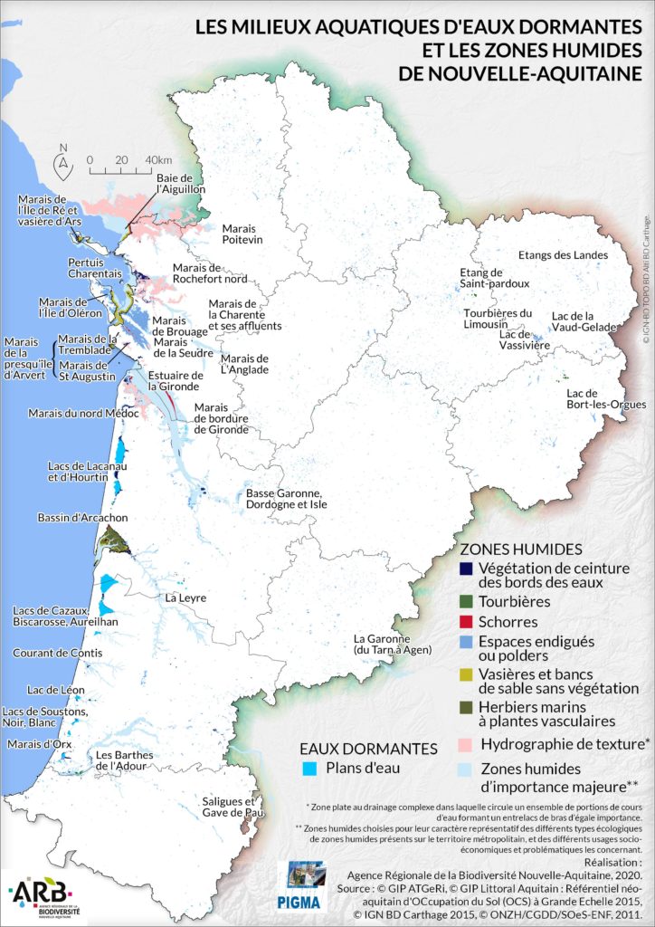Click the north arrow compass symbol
62,162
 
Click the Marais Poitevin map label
242,234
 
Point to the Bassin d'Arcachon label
82,518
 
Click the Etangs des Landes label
557,256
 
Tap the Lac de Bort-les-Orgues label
593,399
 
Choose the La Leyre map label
185,598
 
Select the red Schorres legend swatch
465,622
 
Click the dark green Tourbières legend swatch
465,601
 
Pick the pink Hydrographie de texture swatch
465,744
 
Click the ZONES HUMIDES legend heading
521,550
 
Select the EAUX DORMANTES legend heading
368,749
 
